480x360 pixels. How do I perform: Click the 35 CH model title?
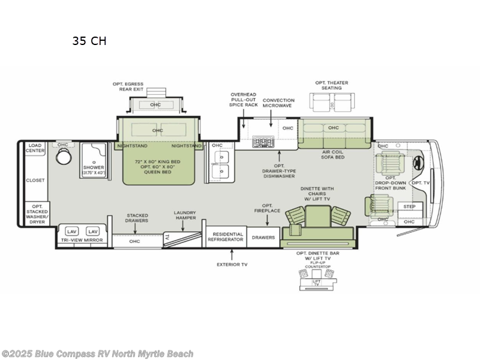89,41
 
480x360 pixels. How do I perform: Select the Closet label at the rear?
35,180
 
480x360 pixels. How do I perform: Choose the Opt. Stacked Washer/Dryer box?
35,213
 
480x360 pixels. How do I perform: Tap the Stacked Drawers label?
137,218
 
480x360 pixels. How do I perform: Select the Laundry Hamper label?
185,215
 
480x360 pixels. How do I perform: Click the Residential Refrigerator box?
226,236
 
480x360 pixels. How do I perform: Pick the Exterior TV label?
232,264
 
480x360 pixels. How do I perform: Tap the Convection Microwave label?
278,104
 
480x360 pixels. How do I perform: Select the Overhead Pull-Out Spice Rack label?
243,100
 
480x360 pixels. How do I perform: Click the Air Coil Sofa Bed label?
333,155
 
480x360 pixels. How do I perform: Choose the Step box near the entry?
409,207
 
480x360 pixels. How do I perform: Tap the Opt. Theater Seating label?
331,85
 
